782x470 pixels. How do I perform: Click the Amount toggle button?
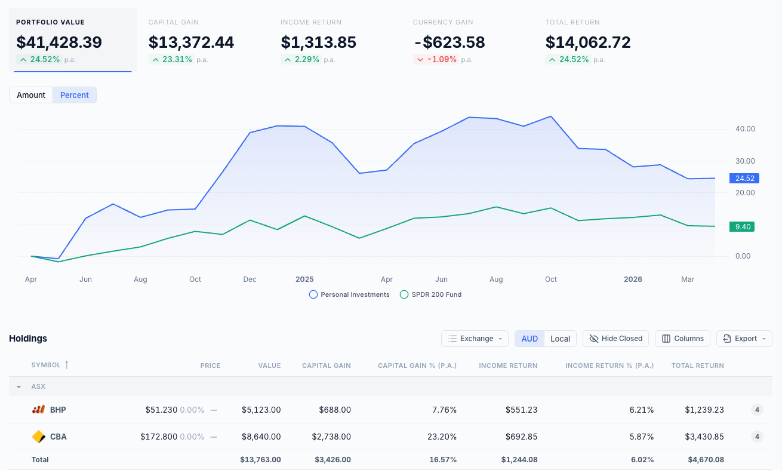click(31, 95)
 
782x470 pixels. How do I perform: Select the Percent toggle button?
click(75, 95)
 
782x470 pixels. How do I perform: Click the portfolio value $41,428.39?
click(59, 42)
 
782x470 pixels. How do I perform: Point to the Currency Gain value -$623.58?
click(449, 42)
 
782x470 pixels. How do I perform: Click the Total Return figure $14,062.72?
click(588, 42)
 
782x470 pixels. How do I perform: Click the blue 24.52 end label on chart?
click(744, 178)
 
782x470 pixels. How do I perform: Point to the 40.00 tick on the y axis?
click(745, 129)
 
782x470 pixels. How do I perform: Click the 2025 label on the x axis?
click(304, 279)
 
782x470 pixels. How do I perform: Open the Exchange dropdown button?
click(475, 339)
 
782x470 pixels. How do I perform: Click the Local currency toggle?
click(560, 339)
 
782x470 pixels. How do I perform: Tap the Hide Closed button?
click(615, 339)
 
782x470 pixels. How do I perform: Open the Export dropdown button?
click(744, 339)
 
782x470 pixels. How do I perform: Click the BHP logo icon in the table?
click(38, 410)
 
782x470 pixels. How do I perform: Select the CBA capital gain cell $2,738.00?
click(331, 437)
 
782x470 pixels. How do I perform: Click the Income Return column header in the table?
click(508, 365)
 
